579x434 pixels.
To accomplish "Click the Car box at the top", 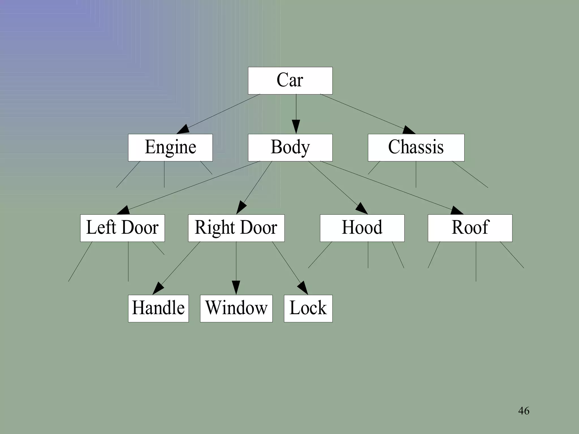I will [290, 81].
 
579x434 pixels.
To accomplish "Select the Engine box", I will [170, 147].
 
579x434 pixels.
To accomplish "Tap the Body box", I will [290, 147].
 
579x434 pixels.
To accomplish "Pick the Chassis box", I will [416, 147].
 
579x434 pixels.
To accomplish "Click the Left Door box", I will [122, 228].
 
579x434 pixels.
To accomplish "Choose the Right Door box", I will [236, 228].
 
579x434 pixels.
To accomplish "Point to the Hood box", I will [362, 228].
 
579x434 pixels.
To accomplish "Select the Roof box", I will [470, 228].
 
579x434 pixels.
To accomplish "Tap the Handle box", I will [158, 308].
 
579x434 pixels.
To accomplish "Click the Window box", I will [236, 308].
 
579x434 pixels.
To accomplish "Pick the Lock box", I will [308, 308].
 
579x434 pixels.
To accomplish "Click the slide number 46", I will [524, 411].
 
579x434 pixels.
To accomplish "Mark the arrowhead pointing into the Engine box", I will [183, 130].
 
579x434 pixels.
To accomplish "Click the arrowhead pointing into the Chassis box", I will [409, 130].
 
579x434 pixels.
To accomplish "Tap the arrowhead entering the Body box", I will [296, 127].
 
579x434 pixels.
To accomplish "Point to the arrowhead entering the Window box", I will [236, 288].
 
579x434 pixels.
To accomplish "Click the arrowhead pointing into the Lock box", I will [303, 288].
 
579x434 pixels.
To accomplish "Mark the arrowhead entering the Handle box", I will [158, 288].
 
